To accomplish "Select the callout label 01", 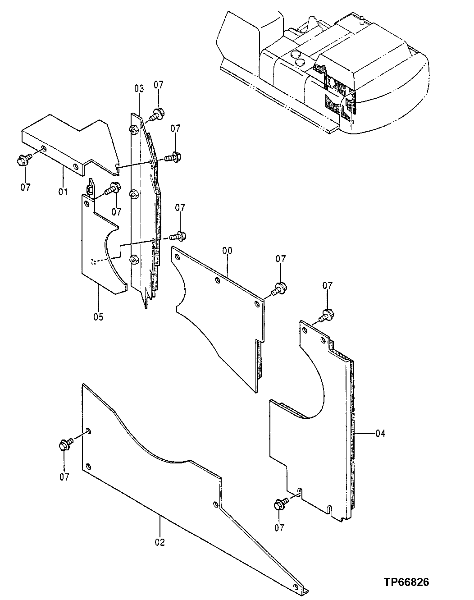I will pos(63,192).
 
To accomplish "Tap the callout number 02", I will pos(160,542).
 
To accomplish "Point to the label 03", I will pos(138,87).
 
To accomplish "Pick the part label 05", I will pos(98,317).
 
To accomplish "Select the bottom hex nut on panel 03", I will pos(133,259).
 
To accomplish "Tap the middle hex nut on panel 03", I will pos(133,194).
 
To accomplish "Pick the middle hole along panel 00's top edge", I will pos(218,281).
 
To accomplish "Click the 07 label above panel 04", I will pos(328,285).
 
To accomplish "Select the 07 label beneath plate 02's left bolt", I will pos(64,476).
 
